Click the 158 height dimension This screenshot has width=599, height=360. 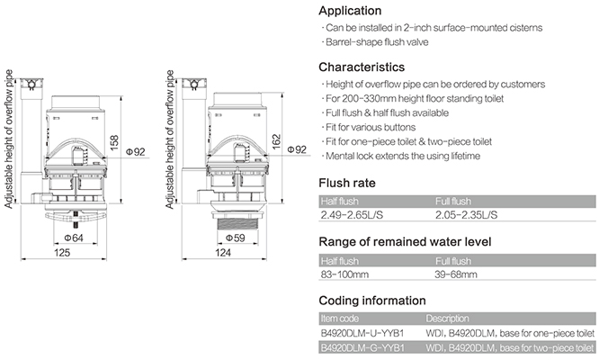[x=114, y=142]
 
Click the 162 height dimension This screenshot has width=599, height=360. [x=276, y=141]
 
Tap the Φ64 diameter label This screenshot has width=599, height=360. [x=74, y=238]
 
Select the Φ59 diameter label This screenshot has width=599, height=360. [x=236, y=238]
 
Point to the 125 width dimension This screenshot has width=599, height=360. [x=62, y=253]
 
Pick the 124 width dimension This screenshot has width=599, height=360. [x=223, y=253]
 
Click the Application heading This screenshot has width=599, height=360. [x=350, y=11]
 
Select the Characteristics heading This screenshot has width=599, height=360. [x=362, y=67]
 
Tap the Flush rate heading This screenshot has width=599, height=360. [x=347, y=183]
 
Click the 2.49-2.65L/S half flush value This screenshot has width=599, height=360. [x=352, y=215]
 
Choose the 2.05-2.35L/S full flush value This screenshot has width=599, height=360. [x=466, y=215]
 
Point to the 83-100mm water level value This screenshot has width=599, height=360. [x=344, y=274]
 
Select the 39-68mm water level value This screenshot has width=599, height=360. [x=456, y=274]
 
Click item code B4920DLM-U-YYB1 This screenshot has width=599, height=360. [x=362, y=333]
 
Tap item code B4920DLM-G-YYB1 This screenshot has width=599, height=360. [x=362, y=347]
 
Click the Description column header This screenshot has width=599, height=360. [x=447, y=319]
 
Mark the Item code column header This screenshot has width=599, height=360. [x=340, y=319]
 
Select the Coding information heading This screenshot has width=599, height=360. [x=372, y=301]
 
